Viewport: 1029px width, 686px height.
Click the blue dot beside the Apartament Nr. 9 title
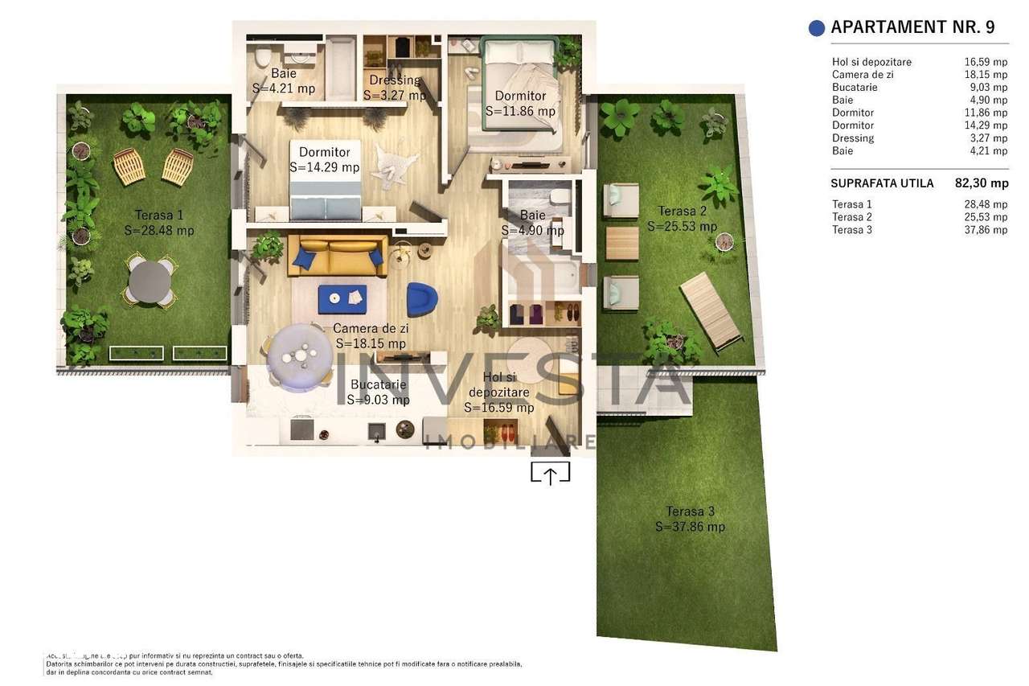point(816,28)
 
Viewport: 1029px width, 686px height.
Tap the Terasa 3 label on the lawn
point(690,511)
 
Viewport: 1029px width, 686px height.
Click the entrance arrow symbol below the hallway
point(550,474)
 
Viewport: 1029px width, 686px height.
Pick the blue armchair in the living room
point(422,298)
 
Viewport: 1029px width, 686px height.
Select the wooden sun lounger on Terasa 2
point(710,310)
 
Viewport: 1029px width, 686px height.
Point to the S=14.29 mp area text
point(324,167)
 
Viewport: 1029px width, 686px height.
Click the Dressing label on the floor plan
point(395,80)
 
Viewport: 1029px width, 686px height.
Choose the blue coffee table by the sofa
point(342,298)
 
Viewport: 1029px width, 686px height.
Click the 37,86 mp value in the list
point(987,230)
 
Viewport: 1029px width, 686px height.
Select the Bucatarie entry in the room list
point(855,87)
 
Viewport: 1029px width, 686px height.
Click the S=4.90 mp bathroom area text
point(532,231)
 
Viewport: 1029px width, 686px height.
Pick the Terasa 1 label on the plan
point(159,215)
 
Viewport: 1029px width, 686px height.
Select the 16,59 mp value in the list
point(987,62)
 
